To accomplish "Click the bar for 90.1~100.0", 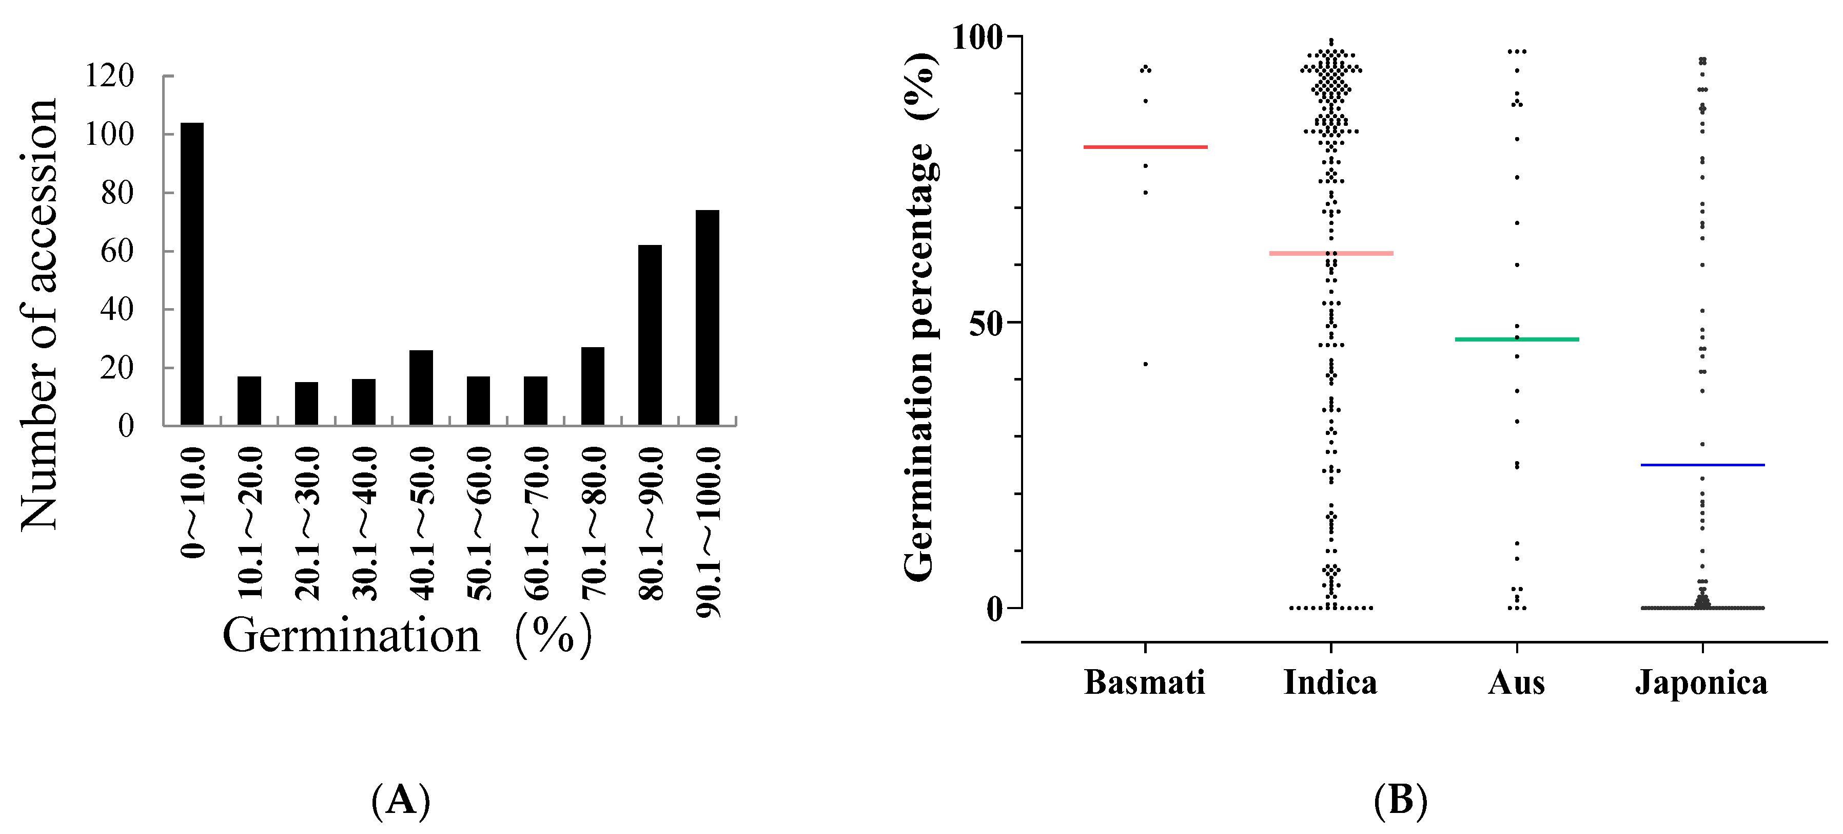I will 707,318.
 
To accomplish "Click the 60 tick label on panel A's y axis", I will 116,251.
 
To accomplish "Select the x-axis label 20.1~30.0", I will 307,523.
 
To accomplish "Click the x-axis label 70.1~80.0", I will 593,523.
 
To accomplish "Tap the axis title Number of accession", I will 40,315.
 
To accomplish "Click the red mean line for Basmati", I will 1145,147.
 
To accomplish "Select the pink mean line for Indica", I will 1331,253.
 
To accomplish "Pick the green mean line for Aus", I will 1517,339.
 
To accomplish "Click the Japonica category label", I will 1701,682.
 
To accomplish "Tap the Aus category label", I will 1516,682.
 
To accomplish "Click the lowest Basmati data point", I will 1145,364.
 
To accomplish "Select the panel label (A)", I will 401,800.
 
